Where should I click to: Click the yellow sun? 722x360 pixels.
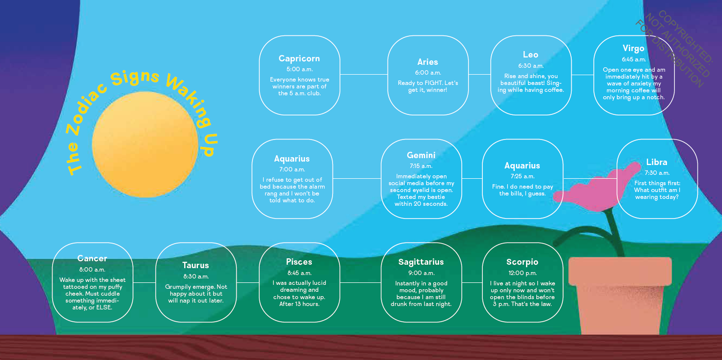click(145, 144)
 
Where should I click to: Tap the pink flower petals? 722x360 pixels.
click(596, 190)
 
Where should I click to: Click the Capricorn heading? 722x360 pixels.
click(299, 58)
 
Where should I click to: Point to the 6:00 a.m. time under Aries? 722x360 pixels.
click(428, 73)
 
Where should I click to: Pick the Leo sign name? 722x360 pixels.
click(530, 55)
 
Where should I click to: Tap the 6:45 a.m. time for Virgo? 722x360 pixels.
click(634, 59)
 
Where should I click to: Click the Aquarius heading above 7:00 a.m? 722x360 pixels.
click(292, 159)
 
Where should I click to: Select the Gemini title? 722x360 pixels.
click(421, 155)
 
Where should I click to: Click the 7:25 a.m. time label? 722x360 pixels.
click(522, 176)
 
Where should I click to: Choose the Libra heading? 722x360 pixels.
click(657, 162)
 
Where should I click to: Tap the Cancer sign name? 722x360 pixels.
click(92, 258)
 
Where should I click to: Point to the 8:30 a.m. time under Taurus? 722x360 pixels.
click(196, 276)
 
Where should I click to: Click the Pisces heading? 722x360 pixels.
click(299, 262)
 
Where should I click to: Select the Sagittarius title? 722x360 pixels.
click(421, 262)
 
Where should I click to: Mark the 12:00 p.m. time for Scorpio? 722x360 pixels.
click(523, 273)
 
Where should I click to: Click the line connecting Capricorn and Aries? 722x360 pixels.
click(363, 75)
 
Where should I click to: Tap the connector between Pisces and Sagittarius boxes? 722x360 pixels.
click(361, 283)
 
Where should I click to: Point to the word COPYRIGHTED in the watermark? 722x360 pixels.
click(685, 36)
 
